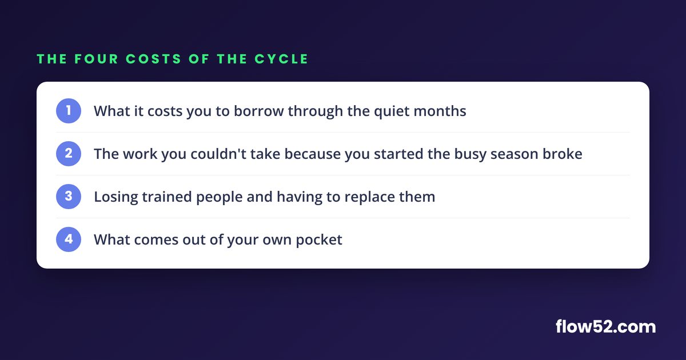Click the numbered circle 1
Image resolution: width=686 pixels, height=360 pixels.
(69, 111)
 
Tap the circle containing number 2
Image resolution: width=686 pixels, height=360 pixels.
(69, 154)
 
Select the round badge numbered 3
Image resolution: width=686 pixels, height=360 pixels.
(69, 197)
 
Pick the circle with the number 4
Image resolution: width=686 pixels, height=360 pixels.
(69, 239)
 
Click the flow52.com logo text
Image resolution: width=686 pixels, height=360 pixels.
(606, 327)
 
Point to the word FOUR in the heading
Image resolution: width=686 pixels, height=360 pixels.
(97, 59)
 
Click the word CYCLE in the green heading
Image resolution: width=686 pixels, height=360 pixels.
(281, 59)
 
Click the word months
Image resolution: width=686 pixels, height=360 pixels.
(440, 111)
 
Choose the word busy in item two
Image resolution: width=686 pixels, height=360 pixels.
(470, 154)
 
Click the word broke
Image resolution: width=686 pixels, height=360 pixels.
(563, 154)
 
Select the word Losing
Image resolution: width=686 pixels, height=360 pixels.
(115, 197)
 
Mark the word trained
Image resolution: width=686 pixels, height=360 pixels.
(167, 197)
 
